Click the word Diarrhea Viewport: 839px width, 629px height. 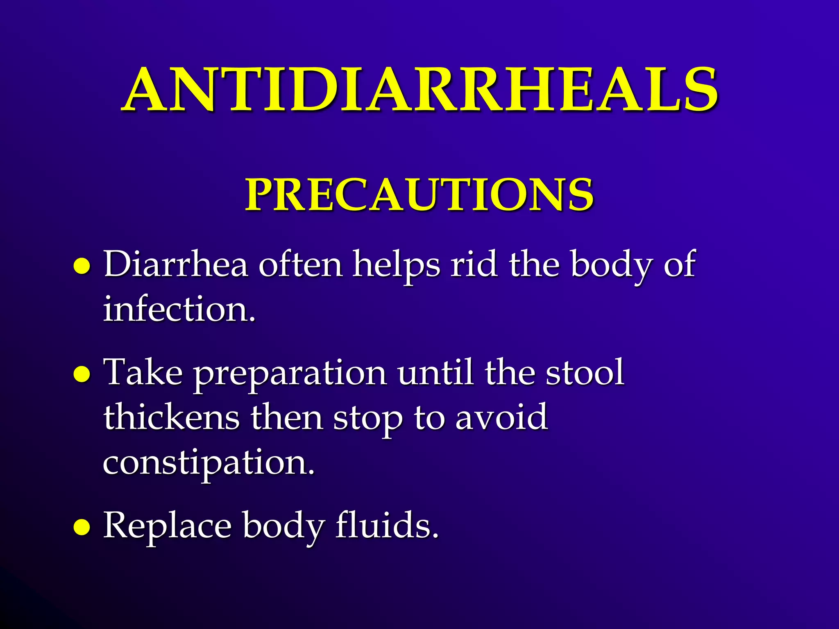[x=176, y=264]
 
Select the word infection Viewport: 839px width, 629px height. [x=179, y=309]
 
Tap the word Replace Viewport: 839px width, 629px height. [x=167, y=526]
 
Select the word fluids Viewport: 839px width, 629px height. [x=387, y=525]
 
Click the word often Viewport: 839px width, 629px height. [x=300, y=264]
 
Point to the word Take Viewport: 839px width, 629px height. [x=143, y=372]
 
